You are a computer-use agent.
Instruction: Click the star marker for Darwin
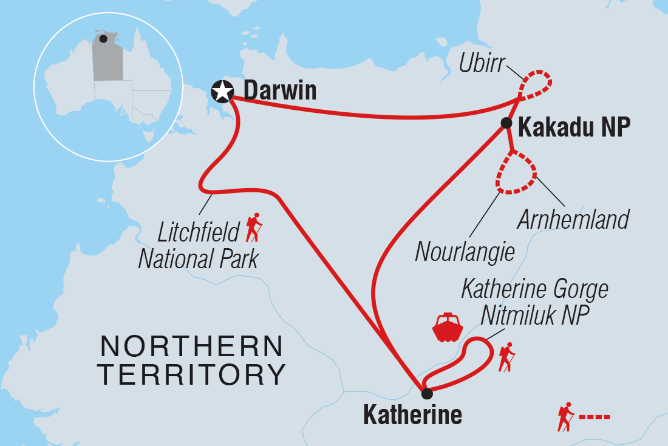pyautogui.click(x=222, y=92)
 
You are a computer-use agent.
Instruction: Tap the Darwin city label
pyautogui.click(x=280, y=91)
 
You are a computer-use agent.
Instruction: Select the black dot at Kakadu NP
pyautogui.click(x=505, y=124)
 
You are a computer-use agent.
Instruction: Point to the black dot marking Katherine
pyautogui.click(x=427, y=393)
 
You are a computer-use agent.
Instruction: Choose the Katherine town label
pyautogui.click(x=412, y=416)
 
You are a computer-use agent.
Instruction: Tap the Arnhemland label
pyautogui.click(x=573, y=219)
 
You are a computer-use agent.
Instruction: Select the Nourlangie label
pyautogui.click(x=465, y=251)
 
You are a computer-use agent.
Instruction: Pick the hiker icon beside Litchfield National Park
pyautogui.click(x=254, y=228)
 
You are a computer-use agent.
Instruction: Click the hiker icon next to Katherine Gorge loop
pyautogui.click(x=506, y=357)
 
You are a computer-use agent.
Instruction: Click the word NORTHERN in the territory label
pyautogui.click(x=192, y=346)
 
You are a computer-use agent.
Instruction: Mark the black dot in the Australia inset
pyautogui.click(x=104, y=39)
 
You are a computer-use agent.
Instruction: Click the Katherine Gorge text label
pyautogui.click(x=534, y=289)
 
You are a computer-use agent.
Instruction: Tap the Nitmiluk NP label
pyautogui.click(x=534, y=316)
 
